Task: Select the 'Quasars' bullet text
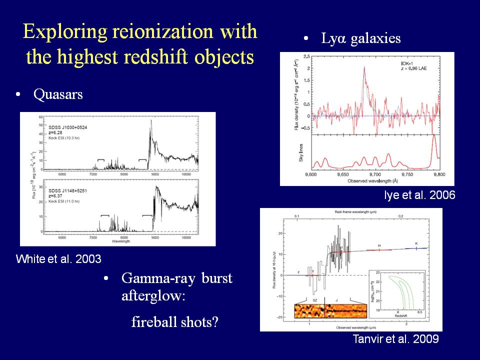pyautogui.click(x=58, y=94)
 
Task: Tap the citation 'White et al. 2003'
pyautogui.click(x=58, y=259)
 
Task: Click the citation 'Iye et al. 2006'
pyautogui.click(x=419, y=195)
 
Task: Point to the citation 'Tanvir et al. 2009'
pyautogui.click(x=395, y=339)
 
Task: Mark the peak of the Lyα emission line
pyautogui.click(x=364, y=67)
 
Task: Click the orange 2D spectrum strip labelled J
pyautogui.click(x=345, y=310)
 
